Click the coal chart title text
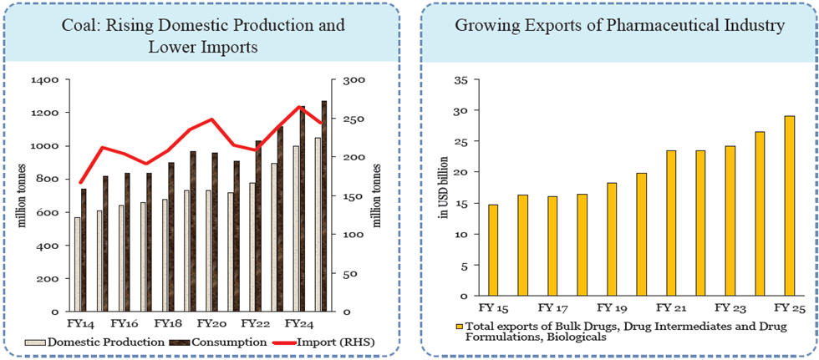(x=203, y=36)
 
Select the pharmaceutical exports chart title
(x=619, y=26)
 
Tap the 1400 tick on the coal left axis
(x=42, y=80)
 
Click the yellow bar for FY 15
(x=493, y=250)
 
